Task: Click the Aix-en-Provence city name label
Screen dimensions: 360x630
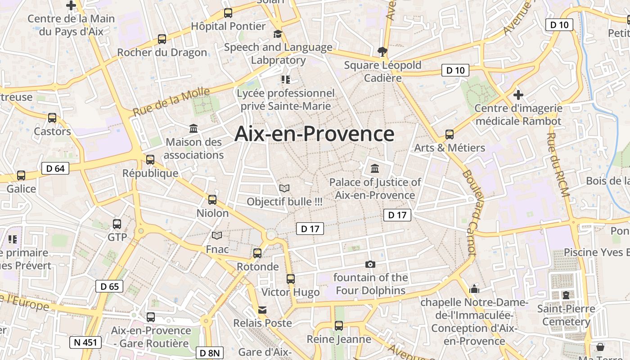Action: click(315, 134)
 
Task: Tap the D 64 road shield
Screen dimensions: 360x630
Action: click(55, 169)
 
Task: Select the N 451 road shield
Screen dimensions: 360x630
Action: click(85, 342)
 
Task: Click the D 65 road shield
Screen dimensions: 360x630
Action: click(109, 286)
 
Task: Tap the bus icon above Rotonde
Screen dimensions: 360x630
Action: click(257, 253)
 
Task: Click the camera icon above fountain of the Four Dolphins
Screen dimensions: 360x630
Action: click(370, 264)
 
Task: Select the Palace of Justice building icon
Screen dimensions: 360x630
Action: click(374, 169)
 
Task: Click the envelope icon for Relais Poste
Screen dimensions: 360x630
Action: click(262, 310)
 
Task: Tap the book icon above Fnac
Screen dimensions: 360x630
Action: click(217, 235)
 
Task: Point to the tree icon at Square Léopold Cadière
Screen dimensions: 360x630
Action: click(382, 51)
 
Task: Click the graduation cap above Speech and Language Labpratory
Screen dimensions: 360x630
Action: click(278, 34)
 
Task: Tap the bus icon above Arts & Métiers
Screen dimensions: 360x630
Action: click(449, 134)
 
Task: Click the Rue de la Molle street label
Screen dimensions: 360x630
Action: click(171, 102)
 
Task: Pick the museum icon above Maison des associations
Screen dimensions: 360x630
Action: click(193, 129)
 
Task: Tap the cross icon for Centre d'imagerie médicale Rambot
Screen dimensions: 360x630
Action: click(518, 95)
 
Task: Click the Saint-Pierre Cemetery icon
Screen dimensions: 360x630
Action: click(566, 295)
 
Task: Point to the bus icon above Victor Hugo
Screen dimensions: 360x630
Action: click(291, 279)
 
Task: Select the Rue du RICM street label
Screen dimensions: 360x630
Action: click(558, 164)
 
